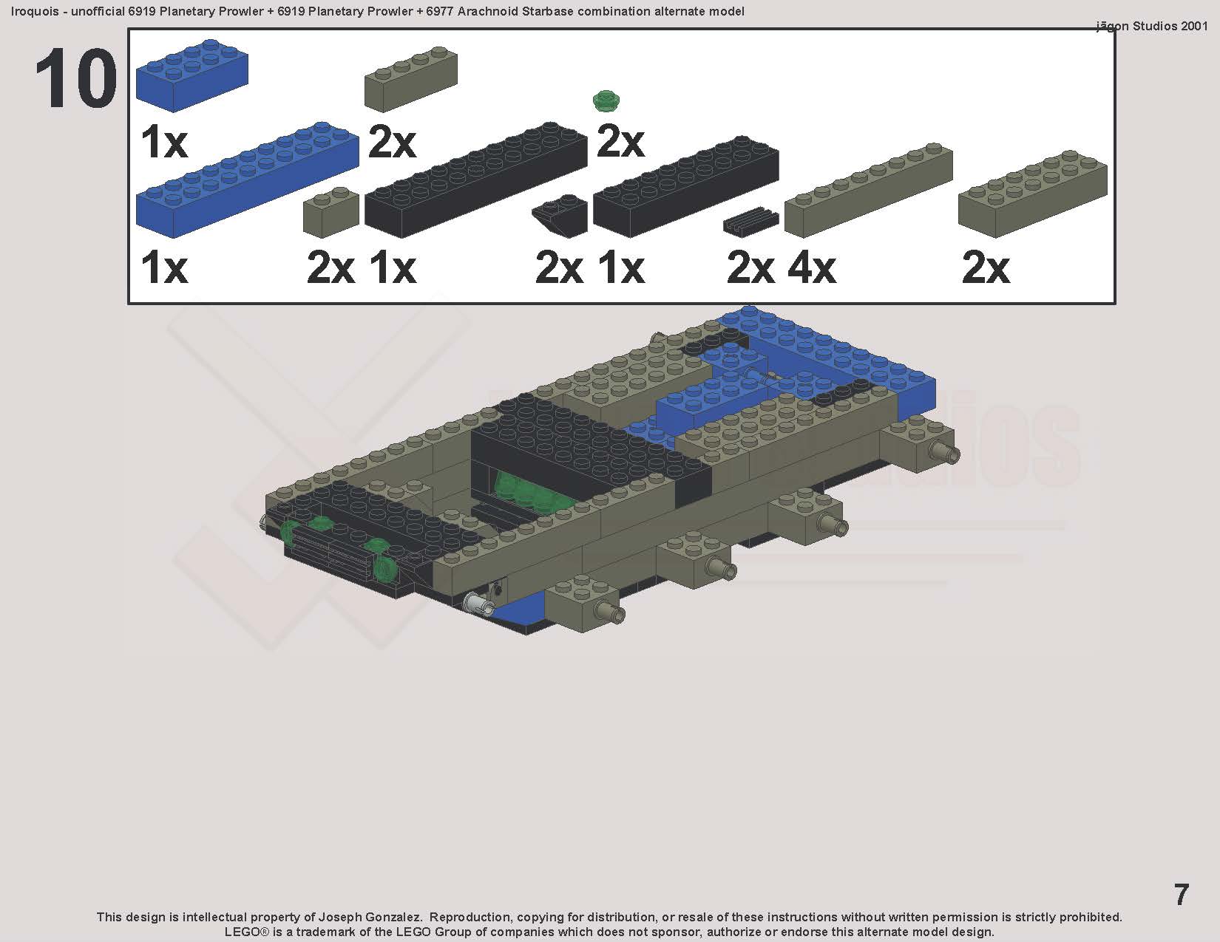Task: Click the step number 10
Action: [76, 78]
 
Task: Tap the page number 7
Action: [1181, 894]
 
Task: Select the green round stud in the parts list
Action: [606, 101]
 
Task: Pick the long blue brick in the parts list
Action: [247, 180]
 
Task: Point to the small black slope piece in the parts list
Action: [560, 216]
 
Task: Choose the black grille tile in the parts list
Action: [750, 222]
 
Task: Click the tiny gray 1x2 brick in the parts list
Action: [331, 213]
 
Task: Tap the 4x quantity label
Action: [812, 268]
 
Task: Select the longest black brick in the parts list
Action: [475, 180]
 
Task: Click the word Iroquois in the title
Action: [35, 11]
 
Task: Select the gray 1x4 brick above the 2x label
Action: [411, 80]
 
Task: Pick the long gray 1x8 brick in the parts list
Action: [869, 190]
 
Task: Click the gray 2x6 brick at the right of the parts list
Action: [1033, 194]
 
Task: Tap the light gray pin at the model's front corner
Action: [478, 602]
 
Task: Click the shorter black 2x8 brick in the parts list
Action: [686, 186]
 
